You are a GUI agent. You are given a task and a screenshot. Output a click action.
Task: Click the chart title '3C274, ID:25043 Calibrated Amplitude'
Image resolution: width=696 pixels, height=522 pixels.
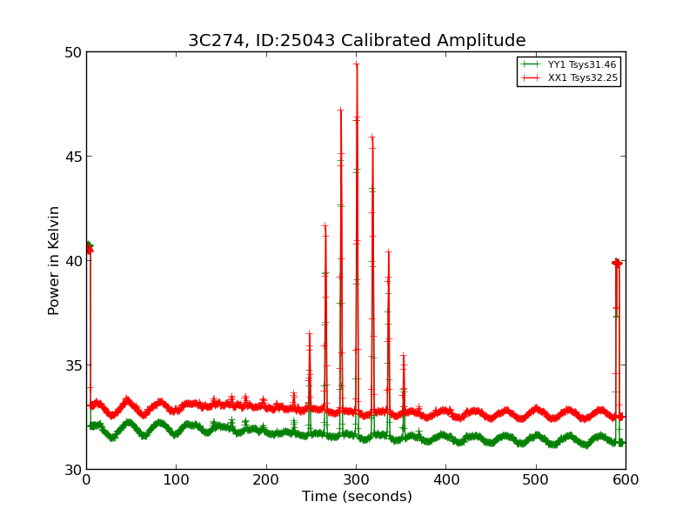pyautogui.click(x=357, y=41)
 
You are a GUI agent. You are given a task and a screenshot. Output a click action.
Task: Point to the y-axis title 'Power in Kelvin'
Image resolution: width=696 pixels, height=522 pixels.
pyautogui.click(x=54, y=260)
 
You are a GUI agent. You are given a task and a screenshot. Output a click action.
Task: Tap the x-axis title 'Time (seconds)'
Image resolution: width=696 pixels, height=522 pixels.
pyautogui.click(x=357, y=497)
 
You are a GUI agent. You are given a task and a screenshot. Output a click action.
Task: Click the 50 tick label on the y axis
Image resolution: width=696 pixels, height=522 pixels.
pyautogui.click(x=71, y=52)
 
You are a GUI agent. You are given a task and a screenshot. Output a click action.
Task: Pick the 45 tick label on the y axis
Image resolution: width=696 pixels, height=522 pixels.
pyautogui.click(x=71, y=157)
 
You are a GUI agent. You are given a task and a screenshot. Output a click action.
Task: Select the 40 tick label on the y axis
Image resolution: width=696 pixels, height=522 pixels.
pyautogui.click(x=71, y=261)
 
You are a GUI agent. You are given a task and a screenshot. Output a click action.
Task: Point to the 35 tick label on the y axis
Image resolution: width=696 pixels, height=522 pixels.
pyautogui.click(x=71, y=365)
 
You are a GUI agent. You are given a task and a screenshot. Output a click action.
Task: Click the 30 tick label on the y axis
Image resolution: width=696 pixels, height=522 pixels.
pyautogui.click(x=71, y=470)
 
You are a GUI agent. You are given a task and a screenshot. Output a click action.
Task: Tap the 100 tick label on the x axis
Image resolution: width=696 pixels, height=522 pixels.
pyautogui.click(x=177, y=479)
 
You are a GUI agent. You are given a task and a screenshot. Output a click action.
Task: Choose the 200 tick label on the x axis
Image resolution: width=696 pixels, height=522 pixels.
pyautogui.click(x=266, y=479)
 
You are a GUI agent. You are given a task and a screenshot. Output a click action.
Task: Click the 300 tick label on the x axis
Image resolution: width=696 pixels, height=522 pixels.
pyautogui.click(x=357, y=479)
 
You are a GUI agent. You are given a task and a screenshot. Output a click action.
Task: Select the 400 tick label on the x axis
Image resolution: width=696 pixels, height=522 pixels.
pyautogui.click(x=446, y=479)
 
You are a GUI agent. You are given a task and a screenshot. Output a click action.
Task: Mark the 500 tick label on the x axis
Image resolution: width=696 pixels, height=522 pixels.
pyautogui.click(x=536, y=479)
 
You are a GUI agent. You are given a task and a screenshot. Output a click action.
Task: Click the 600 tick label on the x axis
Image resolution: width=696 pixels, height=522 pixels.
pyautogui.click(x=626, y=479)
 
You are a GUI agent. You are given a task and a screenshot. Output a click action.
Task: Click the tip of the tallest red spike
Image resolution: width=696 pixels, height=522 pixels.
pyautogui.click(x=357, y=64)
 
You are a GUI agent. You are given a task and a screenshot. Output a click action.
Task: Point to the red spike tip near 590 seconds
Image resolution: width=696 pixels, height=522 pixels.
pyautogui.click(x=617, y=262)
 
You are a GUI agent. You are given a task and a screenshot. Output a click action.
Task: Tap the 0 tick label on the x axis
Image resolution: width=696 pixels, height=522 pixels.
pyautogui.click(x=86, y=479)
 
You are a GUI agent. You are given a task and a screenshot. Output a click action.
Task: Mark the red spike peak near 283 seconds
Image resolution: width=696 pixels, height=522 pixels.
pyautogui.click(x=341, y=110)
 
